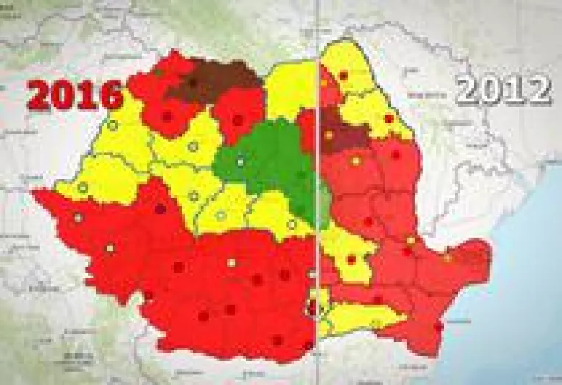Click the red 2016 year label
(x=76, y=93)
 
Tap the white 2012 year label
(x=503, y=90)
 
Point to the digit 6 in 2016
(x=110, y=93)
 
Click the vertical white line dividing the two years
(x=317, y=220)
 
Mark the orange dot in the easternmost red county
(x=447, y=257)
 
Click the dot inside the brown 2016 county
(x=193, y=83)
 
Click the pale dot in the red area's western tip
(x=79, y=217)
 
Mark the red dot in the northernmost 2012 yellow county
(x=343, y=76)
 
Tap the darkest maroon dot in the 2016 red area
(x=160, y=209)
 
